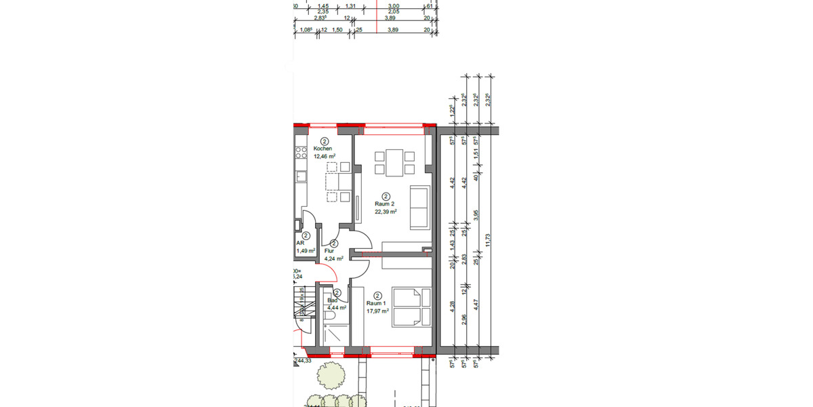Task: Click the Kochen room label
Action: [x=322, y=149]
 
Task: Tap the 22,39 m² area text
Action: [x=385, y=211]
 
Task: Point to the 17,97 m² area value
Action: [x=377, y=311]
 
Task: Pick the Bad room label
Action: [x=332, y=300]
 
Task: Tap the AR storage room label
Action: [x=299, y=243]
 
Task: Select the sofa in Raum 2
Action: [x=420, y=207]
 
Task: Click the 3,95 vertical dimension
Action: [x=476, y=215]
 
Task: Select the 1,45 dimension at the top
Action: [x=314, y=5]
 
